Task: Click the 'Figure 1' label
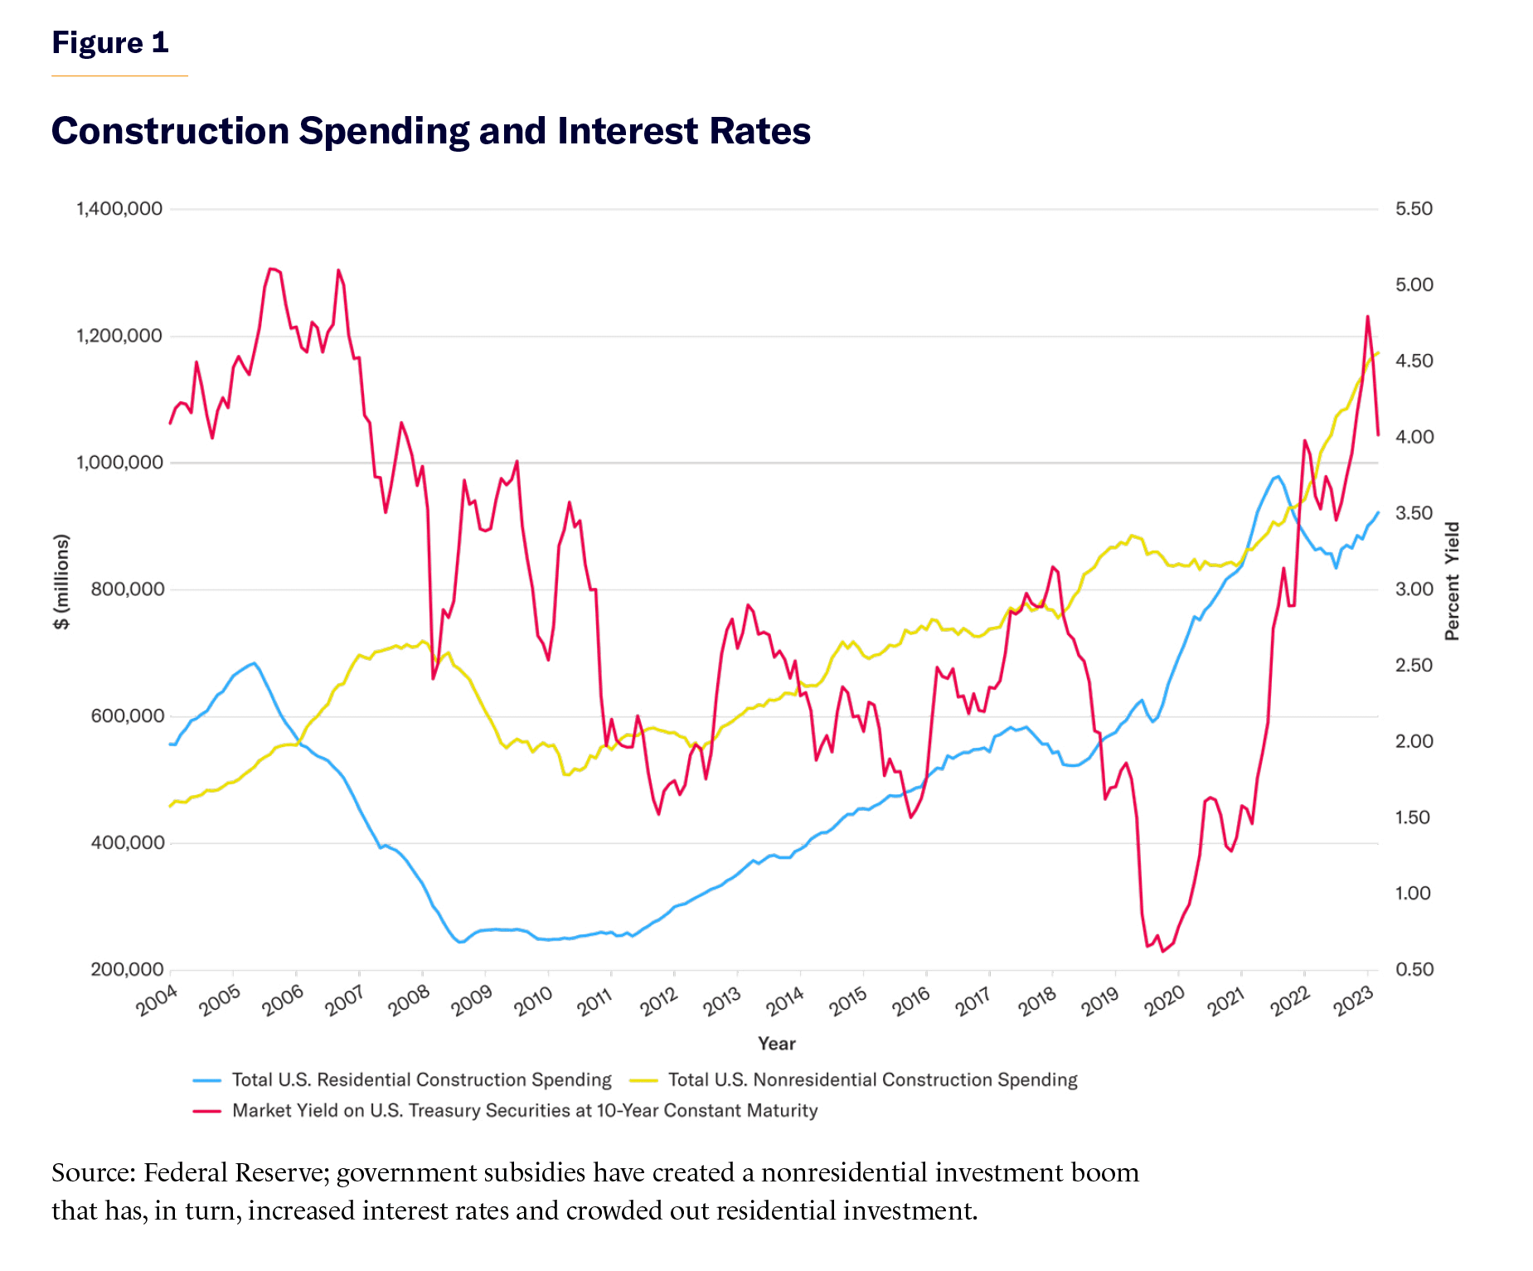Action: pyautogui.click(x=110, y=42)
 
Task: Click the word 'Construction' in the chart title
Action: pyautogui.click(x=170, y=131)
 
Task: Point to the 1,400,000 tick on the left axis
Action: pyautogui.click(x=119, y=209)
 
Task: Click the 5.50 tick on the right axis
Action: pyautogui.click(x=1414, y=209)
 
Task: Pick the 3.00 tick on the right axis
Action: pyautogui.click(x=1414, y=589)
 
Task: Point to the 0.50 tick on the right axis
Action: pyautogui.click(x=1414, y=970)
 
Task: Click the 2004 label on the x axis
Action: pyautogui.click(x=158, y=1002)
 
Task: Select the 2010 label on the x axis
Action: pyautogui.click(x=534, y=1002)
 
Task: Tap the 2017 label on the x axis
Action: pyautogui.click(x=975, y=1002)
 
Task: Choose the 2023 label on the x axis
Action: pyautogui.click(x=1353, y=1002)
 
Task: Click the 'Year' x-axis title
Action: pyautogui.click(x=776, y=1044)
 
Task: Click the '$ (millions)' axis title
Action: pyautogui.click(x=61, y=581)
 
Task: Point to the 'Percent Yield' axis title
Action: pyautogui.click(x=1452, y=581)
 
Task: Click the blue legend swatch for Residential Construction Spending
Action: pyautogui.click(x=207, y=1080)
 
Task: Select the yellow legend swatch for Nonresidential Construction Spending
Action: pyautogui.click(x=643, y=1080)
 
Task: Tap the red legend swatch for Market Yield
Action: pyautogui.click(x=207, y=1111)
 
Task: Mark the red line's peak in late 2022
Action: pyautogui.click(x=1367, y=316)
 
